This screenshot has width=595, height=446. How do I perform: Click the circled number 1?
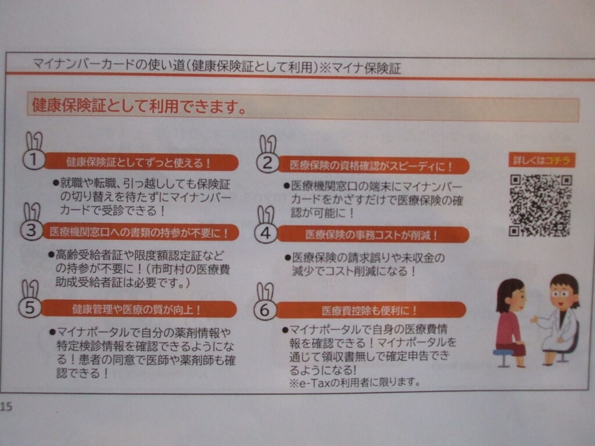point(34,160)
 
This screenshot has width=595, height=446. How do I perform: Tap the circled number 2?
point(268,163)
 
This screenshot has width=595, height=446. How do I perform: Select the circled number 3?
point(31,230)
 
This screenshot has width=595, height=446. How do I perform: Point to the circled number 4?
point(266,233)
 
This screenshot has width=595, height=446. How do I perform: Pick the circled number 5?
point(30,307)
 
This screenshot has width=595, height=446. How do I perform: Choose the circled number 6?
point(264,310)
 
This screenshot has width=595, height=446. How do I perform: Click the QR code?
point(540,205)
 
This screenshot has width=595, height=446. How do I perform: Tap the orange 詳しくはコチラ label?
point(542,160)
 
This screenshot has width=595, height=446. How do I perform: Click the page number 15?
point(6,407)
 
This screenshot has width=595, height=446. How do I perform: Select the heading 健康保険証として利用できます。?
point(139,106)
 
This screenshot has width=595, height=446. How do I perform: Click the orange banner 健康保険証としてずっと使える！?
point(141,163)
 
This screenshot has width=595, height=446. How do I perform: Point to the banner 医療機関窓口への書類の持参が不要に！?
point(141,232)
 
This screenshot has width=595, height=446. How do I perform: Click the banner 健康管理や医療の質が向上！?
point(138,309)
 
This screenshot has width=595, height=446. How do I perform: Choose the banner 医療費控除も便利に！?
point(371,311)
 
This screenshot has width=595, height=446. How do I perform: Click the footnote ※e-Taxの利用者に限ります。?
point(355,382)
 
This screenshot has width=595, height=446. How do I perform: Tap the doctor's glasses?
point(560,293)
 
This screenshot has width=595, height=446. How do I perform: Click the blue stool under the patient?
point(503,357)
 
